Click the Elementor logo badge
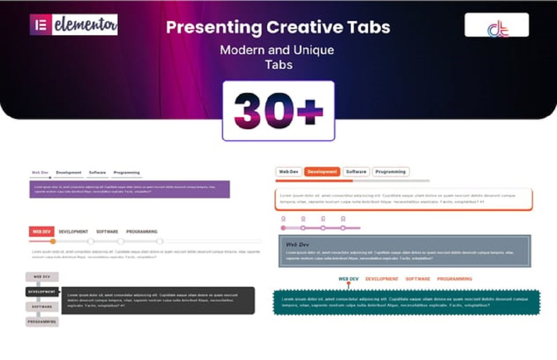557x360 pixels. point(74,24)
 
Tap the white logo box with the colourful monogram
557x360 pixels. point(496,25)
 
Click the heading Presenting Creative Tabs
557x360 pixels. point(278,27)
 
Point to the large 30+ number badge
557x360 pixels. point(278,111)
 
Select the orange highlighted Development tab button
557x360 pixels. point(322,172)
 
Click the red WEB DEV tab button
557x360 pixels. point(41,232)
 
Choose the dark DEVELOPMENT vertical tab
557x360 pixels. point(42,292)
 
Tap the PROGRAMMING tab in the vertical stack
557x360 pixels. point(42,322)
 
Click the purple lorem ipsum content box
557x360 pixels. point(130,189)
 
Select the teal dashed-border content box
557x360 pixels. point(407,302)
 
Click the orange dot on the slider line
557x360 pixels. point(53,242)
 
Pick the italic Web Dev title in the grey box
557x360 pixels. point(298,245)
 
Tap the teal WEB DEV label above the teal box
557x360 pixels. point(348,279)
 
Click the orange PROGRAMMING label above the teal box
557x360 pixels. point(455,279)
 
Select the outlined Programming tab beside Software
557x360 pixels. point(391,172)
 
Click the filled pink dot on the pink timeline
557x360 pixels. point(283,228)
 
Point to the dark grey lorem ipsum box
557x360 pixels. point(158,300)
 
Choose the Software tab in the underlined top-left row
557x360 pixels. point(97,173)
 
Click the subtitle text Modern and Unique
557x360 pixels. point(277,50)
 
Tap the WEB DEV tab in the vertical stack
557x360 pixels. point(42,277)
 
